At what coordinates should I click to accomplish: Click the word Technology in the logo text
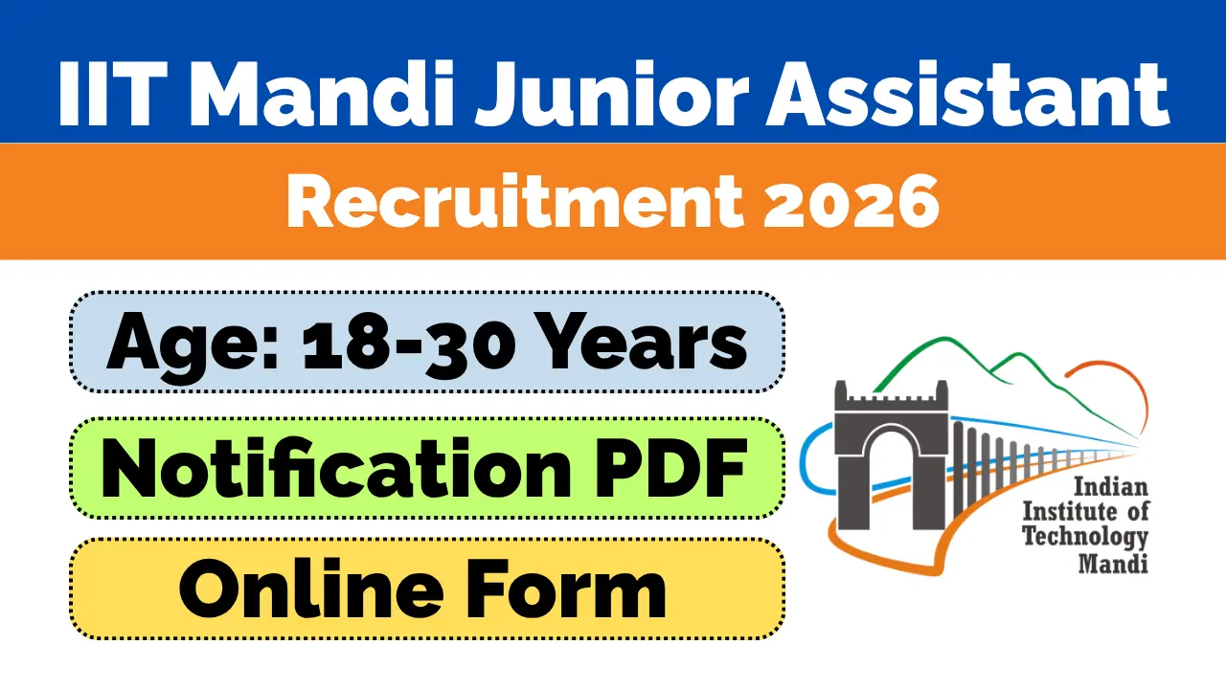(x=1086, y=536)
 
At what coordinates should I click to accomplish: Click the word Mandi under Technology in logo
(x=1113, y=563)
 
